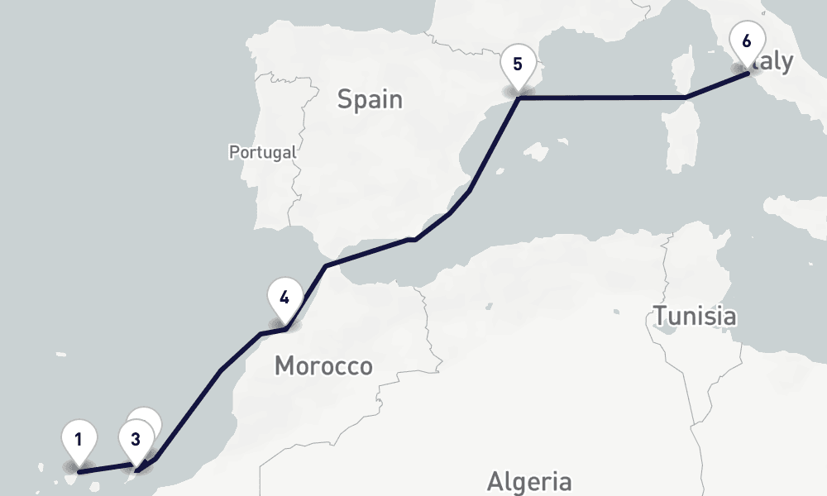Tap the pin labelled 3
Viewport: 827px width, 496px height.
point(136,439)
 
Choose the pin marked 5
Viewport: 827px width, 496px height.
point(518,64)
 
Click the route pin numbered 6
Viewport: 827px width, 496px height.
point(747,41)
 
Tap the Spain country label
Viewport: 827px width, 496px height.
point(370,100)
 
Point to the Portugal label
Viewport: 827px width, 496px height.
point(262,152)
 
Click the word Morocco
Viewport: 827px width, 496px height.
point(323,365)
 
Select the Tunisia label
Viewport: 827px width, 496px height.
point(695,315)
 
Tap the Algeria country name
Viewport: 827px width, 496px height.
point(529,481)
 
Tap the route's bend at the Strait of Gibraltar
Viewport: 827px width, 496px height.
point(327,265)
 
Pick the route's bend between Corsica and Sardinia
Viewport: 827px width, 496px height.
point(686,98)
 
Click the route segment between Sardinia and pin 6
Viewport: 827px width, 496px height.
point(716,86)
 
